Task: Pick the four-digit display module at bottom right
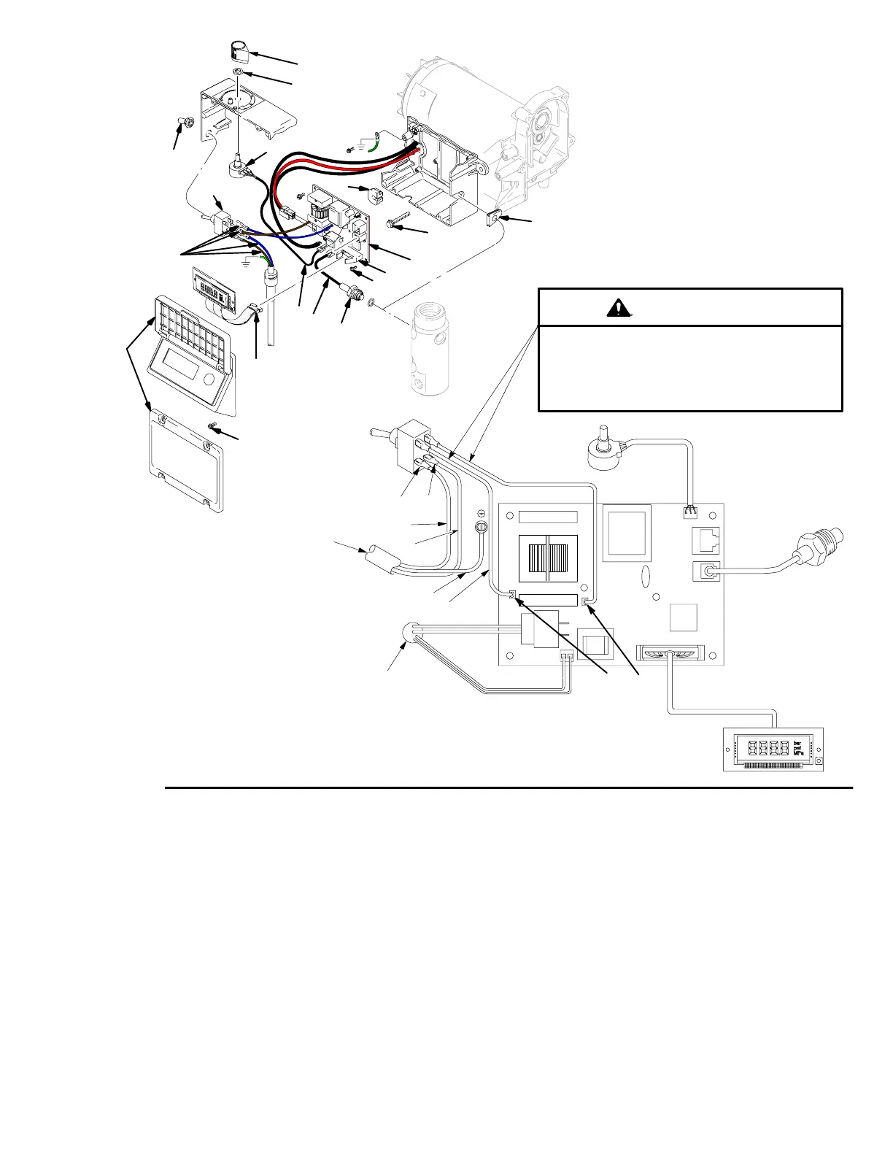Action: click(x=773, y=749)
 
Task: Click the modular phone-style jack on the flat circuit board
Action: click(x=705, y=540)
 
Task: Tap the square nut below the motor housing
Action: click(x=496, y=217)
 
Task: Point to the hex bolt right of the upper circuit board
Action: click(x=400, y=223)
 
